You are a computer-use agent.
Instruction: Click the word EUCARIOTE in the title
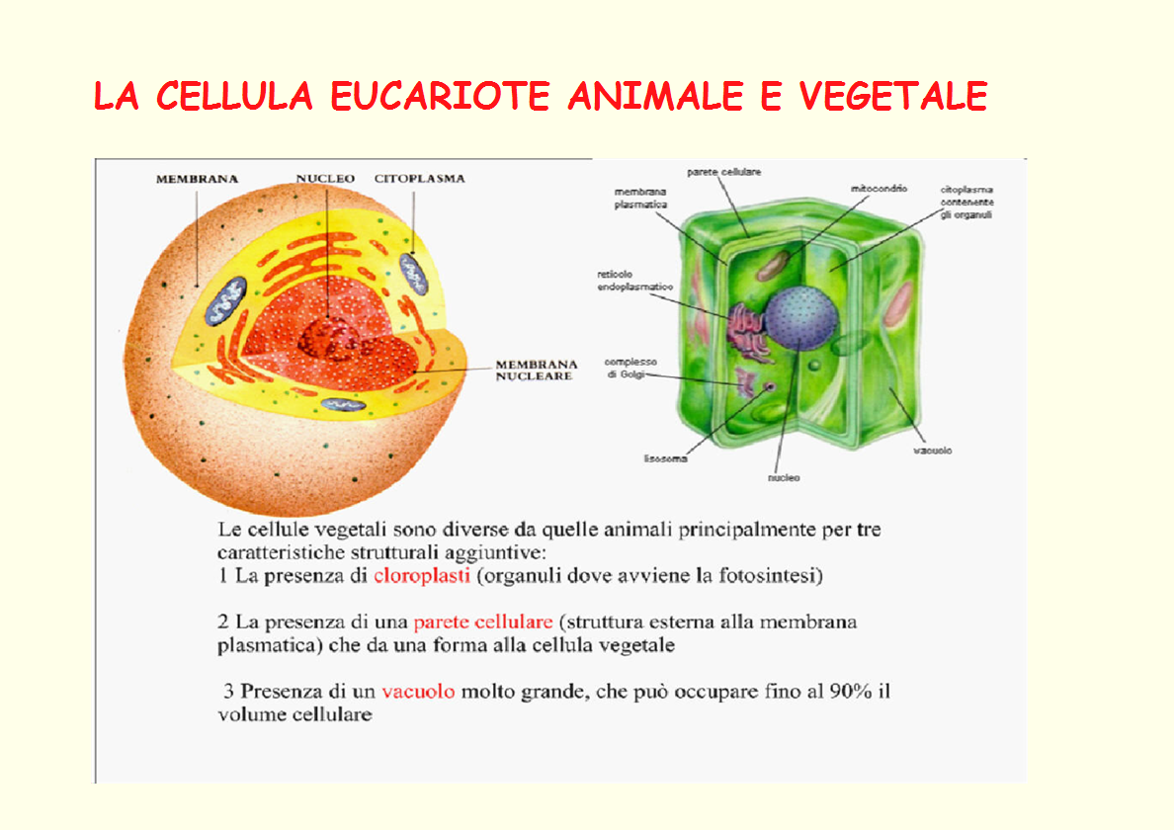[x=441, y=96]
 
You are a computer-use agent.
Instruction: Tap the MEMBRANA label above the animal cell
[x=197, y=179]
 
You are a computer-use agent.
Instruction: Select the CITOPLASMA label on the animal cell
[x=419, y=178]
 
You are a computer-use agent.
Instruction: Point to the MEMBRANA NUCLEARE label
[x=536, y=370]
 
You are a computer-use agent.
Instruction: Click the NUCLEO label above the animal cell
[x=325, y=178]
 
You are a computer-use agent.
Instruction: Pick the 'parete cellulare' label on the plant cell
[x=724, y=172]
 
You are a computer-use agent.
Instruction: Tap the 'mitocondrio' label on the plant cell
[x=879, y=189]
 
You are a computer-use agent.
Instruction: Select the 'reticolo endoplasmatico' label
[x=634, y=281]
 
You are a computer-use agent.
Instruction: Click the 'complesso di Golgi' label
[x=630, y=369]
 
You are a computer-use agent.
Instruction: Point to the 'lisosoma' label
[x=666, y=458]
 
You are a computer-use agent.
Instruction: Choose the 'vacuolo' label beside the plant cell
[x=933, y=451]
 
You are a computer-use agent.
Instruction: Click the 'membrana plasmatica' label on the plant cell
[x=640, y=199]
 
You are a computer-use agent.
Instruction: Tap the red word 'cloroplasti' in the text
[x=422, y=575]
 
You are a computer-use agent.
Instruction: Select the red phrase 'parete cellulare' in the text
[x=483, y=622]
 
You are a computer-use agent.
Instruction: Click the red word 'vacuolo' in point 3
[x=418, y=691]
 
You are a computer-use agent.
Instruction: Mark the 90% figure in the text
[x=851, y=691]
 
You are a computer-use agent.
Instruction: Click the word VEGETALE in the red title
[x=893, y=96]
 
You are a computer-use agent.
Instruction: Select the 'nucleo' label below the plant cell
[x=784, y=477]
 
